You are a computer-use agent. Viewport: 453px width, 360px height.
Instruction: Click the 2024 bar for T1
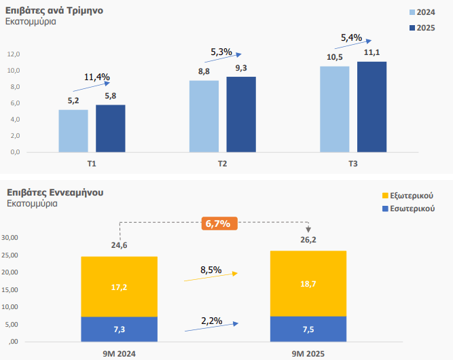pyautogui.click(x=73, y=130)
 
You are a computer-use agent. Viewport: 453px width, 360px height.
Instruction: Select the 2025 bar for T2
pyautogui.click(x=240, y=114)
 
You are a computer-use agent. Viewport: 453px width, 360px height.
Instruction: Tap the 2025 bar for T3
pyautogui.click(x=372, y=107)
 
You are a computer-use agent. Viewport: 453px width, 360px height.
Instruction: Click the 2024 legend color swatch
pyautogui.click(x=413, y=12)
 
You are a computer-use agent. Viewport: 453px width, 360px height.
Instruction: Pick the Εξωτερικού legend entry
pyautogui.click(x=408, y=196)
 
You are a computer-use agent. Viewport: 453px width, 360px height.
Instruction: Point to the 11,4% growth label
pyautogui.click(x=97, y=77)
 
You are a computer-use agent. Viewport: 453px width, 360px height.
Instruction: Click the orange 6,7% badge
pyautogui.click(x=217, y=223)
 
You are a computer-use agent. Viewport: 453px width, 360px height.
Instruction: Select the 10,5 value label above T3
pyautogui.click(x=335, y=57)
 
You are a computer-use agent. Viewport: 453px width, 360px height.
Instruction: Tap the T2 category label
pyautogui.click(x=222, y=164)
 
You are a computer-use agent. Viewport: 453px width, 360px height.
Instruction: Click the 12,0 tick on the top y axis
pyautogui.click(x=14, y=54)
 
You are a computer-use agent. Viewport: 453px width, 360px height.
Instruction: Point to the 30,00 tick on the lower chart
pyautogui.click(x=11, y=238)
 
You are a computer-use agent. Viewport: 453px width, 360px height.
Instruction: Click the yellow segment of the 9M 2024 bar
pyautogui.click(x=119, y=287)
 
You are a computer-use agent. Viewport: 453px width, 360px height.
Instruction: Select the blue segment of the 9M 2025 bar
pyautogui.click(x=308, y=329)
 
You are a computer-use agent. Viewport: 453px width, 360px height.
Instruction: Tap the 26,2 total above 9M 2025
pyautogui.click(x=308, y=240)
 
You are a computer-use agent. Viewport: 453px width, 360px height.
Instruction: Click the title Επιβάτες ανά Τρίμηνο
pyautogui.click(x=54, y=10)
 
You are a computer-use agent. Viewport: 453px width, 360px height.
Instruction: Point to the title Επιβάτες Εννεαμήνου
pyautogui.click(x=55, y=192)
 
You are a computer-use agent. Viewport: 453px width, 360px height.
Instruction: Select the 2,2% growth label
pyautogui.click(x=211, y=319)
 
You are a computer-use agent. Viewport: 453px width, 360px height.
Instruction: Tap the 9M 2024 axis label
pyautogui.click(x=118, y=353)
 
